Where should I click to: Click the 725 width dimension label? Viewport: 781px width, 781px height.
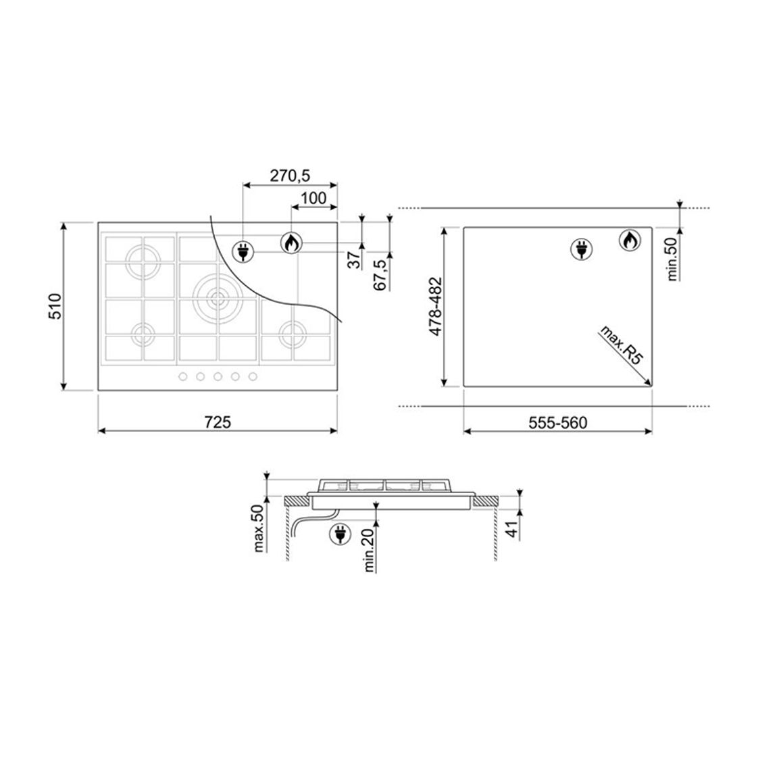click(x=218, y=422)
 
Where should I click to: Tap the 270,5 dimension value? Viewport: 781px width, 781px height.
click(x=290, y=176)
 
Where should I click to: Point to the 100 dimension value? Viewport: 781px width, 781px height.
click(x=313, y=198)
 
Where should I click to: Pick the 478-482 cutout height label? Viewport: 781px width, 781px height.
click(x=435, y=306)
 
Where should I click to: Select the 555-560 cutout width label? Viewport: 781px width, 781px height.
click(x=558, y=423)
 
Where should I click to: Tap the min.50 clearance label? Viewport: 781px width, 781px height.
click(x=672, y=259)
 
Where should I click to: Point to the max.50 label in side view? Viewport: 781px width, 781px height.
click(x=259, y=528)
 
